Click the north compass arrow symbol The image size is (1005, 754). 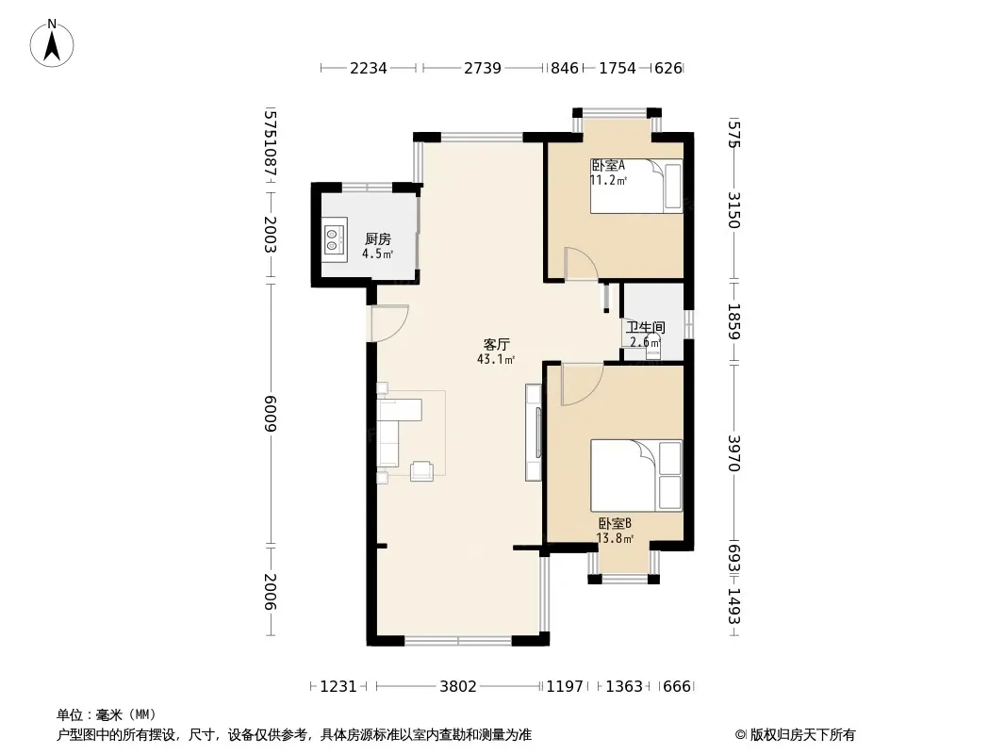click(52, 42)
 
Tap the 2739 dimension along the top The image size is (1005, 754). click(483, 68)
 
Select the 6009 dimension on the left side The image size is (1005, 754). click(270, 413)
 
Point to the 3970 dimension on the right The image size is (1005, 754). click(733, 453)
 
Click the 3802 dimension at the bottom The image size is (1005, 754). click(457, 687)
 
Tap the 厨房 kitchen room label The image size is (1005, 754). click(377, 239)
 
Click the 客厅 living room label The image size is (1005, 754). click(496, 345)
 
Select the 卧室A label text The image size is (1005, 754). click(607, 165)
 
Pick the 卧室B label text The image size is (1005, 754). click(615, 524)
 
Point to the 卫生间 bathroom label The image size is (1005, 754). click(646, 327)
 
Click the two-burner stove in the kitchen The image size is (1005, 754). click(334, 236)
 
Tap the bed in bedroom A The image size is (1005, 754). click(635, 186)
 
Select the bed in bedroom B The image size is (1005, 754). click(635, 475)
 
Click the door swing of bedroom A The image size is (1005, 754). click(582, 263)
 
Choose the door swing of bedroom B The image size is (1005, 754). click(582, 384)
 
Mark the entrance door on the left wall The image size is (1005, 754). click(389, 323)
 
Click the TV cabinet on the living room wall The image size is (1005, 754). click(534, 432)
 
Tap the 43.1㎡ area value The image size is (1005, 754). click(496, 359)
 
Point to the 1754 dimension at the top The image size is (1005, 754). click(618, 68)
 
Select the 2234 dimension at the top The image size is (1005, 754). click(368, 68)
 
